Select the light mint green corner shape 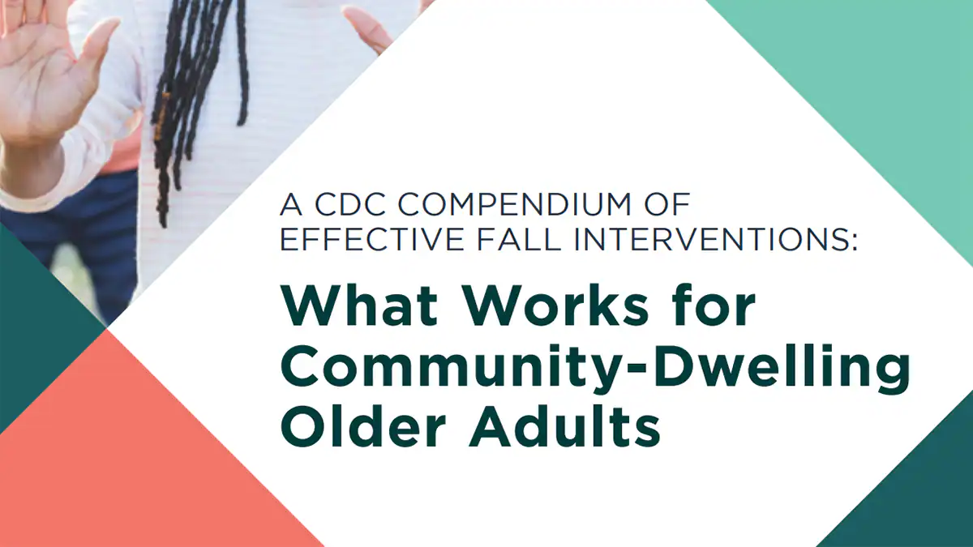876,81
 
